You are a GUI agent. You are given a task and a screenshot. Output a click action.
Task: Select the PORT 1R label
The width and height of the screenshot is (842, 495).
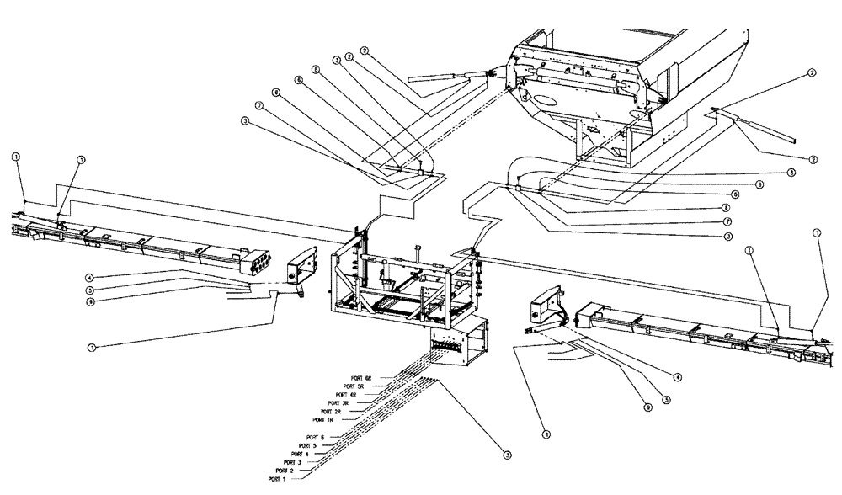click(324, 418)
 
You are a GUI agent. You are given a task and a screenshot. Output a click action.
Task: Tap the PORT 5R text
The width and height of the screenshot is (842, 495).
click(366, 386)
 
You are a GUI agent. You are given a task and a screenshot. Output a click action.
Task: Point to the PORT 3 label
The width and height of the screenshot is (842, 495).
click(293, 462)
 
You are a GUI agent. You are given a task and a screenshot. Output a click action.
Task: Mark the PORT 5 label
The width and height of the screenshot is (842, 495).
click(308, 445)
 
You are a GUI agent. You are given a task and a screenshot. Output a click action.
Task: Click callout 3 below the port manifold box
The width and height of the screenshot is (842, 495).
click(507, 455)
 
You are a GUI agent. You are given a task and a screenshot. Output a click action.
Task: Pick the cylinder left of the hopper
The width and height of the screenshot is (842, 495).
click(438, 77)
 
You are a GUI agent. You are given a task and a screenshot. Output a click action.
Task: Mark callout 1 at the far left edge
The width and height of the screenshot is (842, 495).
click(15, 157)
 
